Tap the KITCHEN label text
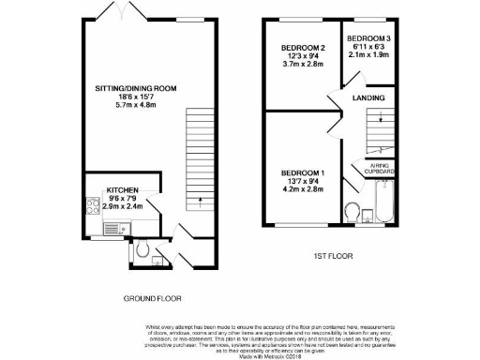(x=124, y=188)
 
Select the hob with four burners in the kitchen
(x=92, y=205)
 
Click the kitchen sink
(x=109, y=228)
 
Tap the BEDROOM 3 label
(x=369, y=37)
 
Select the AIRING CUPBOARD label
(x=379, y=169)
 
